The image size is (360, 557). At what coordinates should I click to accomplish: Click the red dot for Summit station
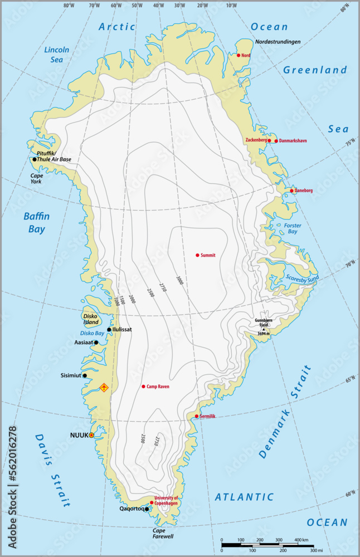(197, 255)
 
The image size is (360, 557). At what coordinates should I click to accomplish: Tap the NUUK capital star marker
(92, 435)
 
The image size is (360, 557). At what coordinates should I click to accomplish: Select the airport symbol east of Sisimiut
(104, 387)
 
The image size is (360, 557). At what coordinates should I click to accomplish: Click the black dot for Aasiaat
(96, 343)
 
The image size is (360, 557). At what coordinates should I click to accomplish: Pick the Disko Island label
(91, 319)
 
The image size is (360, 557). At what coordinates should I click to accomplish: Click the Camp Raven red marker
(143, 387)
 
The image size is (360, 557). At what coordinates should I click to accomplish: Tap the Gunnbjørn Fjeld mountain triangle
(264, 329)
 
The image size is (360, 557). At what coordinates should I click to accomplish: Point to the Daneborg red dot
(292, 191)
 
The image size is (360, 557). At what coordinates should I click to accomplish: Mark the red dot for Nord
(239, 55)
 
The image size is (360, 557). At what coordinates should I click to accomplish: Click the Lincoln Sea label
(57, 54)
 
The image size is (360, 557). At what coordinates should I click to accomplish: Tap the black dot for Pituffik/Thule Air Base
(35, 159)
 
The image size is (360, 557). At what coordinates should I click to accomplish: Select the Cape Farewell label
(163, 534)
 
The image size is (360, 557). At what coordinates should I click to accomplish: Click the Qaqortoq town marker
(147, 509)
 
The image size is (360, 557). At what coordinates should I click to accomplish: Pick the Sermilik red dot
(197, 416)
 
